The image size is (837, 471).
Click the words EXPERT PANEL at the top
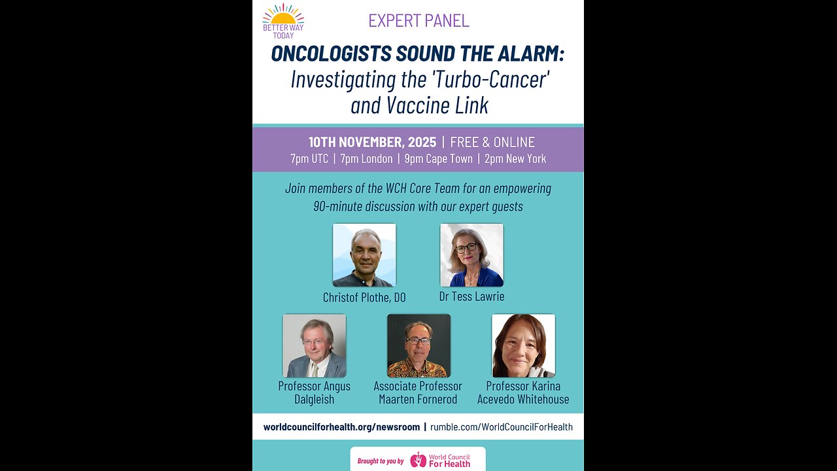point(418,20)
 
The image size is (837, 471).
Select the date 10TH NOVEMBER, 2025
point(372,142)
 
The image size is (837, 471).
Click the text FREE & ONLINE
point(492,142)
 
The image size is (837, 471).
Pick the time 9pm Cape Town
point(438,159)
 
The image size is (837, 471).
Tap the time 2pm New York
point(515,159)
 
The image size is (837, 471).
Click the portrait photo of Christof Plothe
point(364,255)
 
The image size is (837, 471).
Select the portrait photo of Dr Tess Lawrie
point(471,255)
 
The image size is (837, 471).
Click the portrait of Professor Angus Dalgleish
point(315,345)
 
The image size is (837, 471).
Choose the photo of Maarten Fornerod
point(418,345)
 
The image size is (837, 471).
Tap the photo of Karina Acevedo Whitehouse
point(523,345)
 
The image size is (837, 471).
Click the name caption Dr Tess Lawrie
point(471,296)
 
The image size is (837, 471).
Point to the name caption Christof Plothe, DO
point(364,298)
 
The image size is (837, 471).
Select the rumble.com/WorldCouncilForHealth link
point(502,427)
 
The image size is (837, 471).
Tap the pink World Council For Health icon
point(418,460)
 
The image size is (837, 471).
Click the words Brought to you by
point(381,461)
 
